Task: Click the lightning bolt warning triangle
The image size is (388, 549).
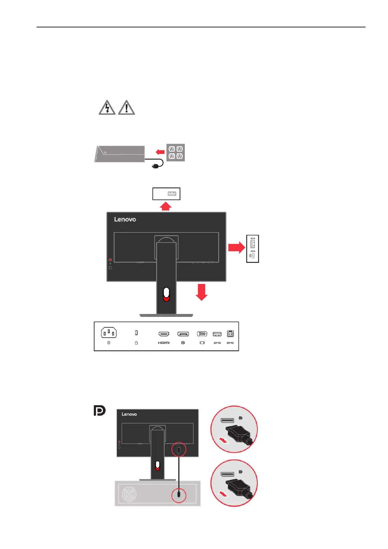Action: pos(107,108)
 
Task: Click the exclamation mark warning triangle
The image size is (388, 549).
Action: pos(126,108)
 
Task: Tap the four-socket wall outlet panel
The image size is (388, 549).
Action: pos(176,153)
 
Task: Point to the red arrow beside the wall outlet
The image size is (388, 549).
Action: pos(160,152)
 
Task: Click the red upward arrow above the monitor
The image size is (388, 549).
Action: pos(166,206)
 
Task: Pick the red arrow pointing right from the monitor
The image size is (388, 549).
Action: pos(236,248)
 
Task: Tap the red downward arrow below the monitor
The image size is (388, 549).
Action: pos(202,292)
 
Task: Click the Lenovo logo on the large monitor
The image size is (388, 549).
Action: pos(125,219)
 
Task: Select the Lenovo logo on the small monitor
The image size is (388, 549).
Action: pos(129,414)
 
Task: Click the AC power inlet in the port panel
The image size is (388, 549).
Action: pos(109,333)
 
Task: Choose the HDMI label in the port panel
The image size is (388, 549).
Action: pos(164,343)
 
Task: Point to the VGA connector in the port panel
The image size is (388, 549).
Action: pos(202,334)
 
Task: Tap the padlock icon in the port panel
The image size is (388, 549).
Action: pos(136,343)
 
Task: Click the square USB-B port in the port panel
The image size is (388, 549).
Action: pos(230,334)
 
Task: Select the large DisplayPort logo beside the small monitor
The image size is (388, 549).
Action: pos(99,411)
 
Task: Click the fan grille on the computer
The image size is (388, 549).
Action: pos(129,494)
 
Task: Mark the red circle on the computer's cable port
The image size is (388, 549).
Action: pos(179,495)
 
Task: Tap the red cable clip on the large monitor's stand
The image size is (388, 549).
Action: pos(166,294)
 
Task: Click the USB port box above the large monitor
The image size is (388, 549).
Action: pos(166,194)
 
